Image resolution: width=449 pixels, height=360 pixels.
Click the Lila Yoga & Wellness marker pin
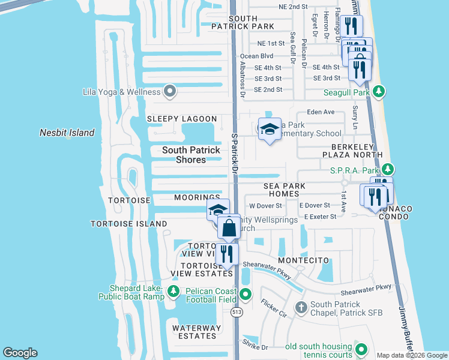pyautogui.click(x=170, y=92)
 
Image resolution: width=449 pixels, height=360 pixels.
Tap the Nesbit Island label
pyautogui.click(x=67, y=133)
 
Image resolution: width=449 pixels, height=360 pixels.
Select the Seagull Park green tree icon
pyautogui.click(x=378, y=92)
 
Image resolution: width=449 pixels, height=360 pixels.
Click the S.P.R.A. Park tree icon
pyautogui.click(x=388, y=170)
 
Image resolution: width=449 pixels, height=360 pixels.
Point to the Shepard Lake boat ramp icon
pyautogui.click(x=173, y=291)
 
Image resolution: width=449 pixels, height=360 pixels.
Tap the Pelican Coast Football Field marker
pyautogui.click(x=246, y=293)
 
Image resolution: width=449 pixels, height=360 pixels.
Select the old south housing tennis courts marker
pyautogui.click(x=361, y=349)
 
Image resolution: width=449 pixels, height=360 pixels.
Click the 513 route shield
pyautogui.click(x=238, y=312)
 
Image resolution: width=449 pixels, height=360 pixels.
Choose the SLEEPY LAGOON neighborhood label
pyautogui.click(x=182, y=119)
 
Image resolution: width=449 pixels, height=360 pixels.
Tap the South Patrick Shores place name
pyautogui.click(x=191, y=155)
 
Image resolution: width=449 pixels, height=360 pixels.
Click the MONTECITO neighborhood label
pyautogui.click(x=303, y=260)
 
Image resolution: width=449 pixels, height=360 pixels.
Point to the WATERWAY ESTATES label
pyautogui.click(x=194, y=332)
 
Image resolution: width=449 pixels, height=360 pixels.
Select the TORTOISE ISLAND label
pyautogui.click(x=128, y=224)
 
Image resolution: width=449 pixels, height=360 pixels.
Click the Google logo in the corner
pyautogui.click(x=20, y=353)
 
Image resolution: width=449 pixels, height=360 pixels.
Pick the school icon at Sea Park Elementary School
pyautogui.click(x=270, y=129)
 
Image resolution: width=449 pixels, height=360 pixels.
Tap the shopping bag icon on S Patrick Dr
pyautogui.click(x=229, y=228)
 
